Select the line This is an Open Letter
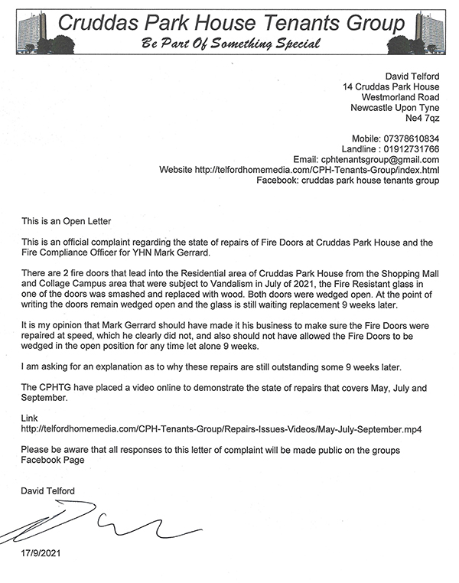(x=66, y=220)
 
